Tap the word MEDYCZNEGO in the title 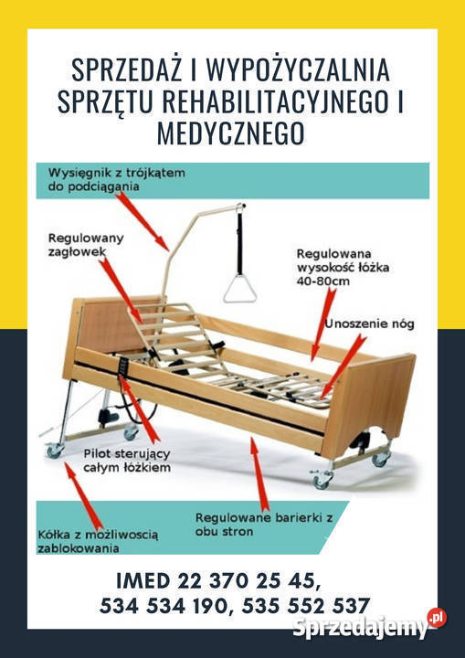tap(232, 134)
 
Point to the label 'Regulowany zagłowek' tap(86, 244)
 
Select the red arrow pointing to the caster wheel tap(84, 492)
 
